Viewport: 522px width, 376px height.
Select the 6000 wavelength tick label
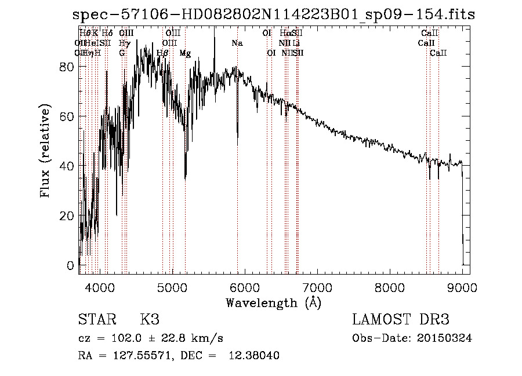coord(244,286)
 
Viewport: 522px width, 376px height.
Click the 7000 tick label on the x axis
coord(317,286)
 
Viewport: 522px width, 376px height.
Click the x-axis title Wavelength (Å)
coord(273,302)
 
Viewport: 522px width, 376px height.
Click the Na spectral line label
coord(237,43)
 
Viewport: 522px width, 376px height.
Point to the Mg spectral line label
coord(185,53)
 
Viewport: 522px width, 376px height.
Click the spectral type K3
coord(150,320)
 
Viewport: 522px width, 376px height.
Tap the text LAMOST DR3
coord(401,320)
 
